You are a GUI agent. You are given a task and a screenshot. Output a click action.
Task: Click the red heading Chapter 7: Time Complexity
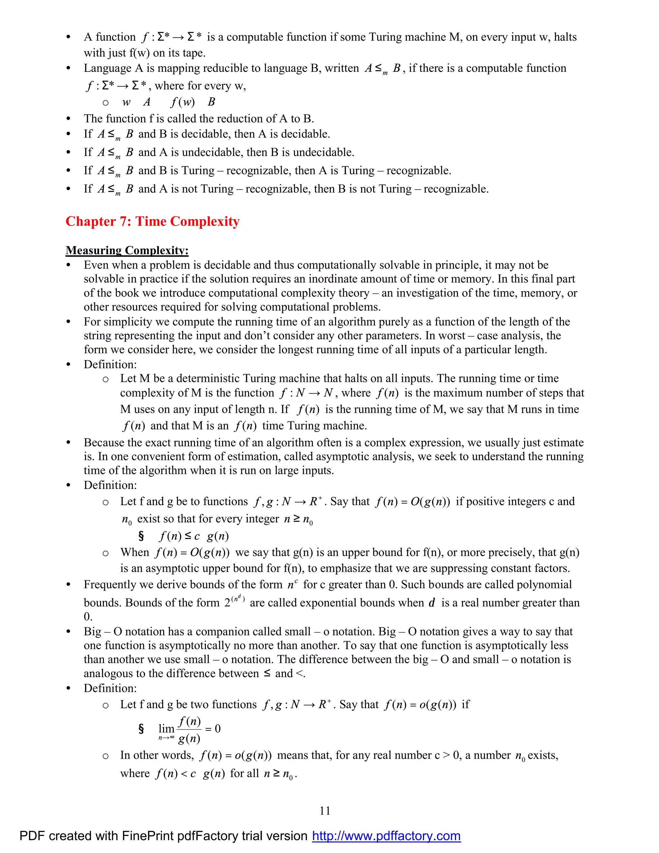152,221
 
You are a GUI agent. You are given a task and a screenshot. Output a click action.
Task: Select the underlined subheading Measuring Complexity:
127,250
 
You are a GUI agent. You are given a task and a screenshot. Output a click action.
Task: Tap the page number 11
325,811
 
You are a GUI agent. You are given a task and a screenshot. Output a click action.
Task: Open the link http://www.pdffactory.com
386,836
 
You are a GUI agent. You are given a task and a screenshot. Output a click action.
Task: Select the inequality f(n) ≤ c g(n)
194,536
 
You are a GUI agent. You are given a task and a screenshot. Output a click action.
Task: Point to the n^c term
292,584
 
